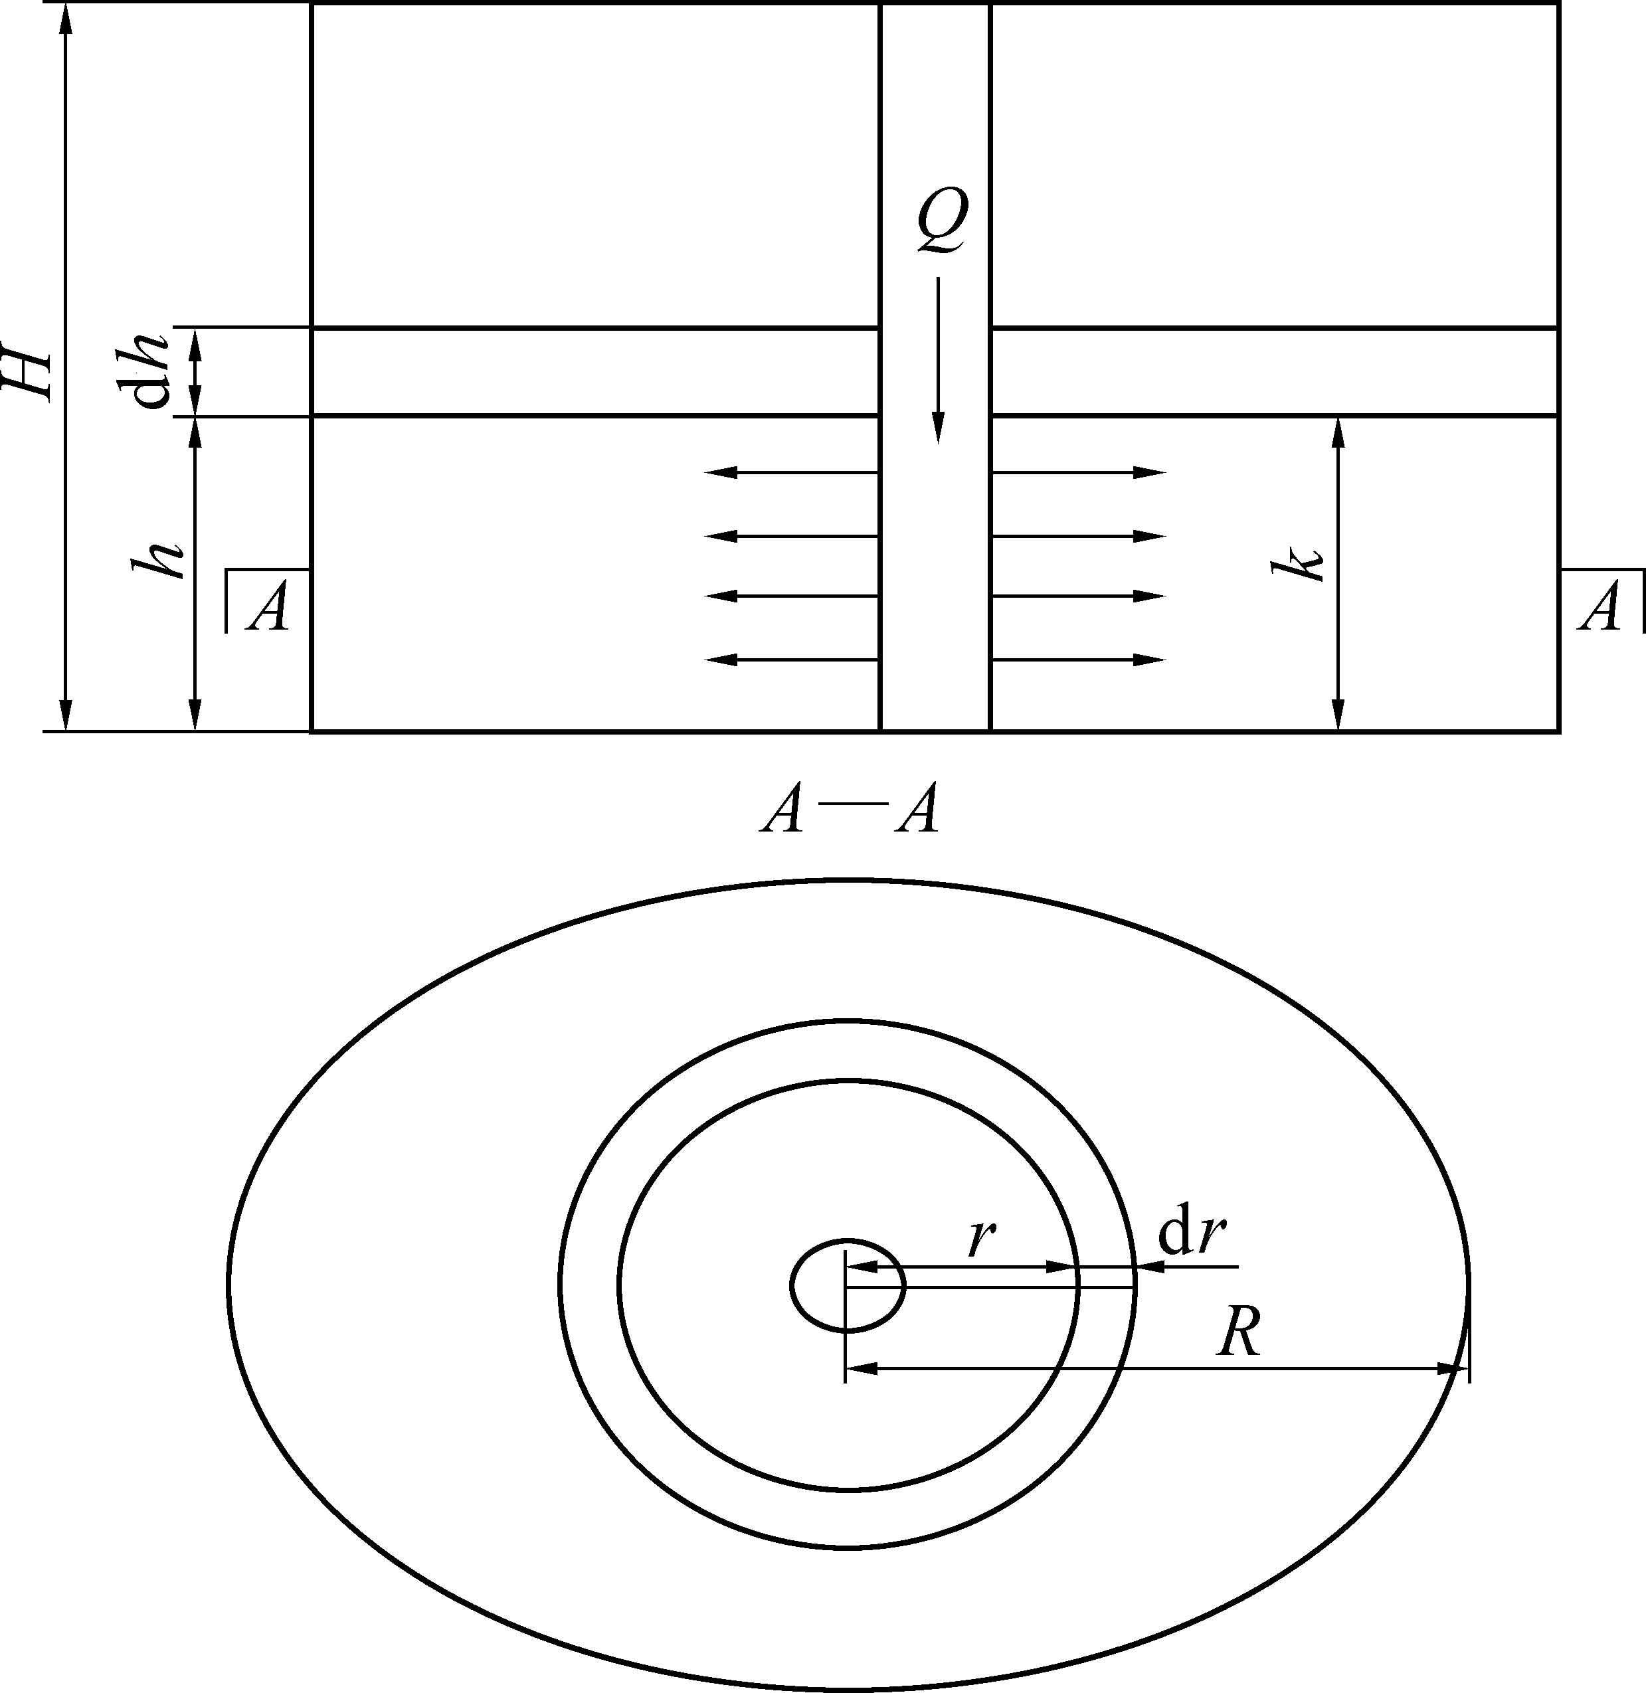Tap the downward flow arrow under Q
tap(938, 359)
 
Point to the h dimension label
tap(158, 561)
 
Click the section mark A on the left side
tap(267, 606)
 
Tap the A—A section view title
tap(850, 810)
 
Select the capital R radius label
tap(1239, 1332)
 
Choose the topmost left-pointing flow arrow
tap(792, 473)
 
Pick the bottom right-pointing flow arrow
tap(1078, 660)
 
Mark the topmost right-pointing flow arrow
tap(1078, 473)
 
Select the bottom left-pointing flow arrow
tap(792, 660)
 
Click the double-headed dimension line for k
tap(1338, 574)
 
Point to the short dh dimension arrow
tap(195, 373)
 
